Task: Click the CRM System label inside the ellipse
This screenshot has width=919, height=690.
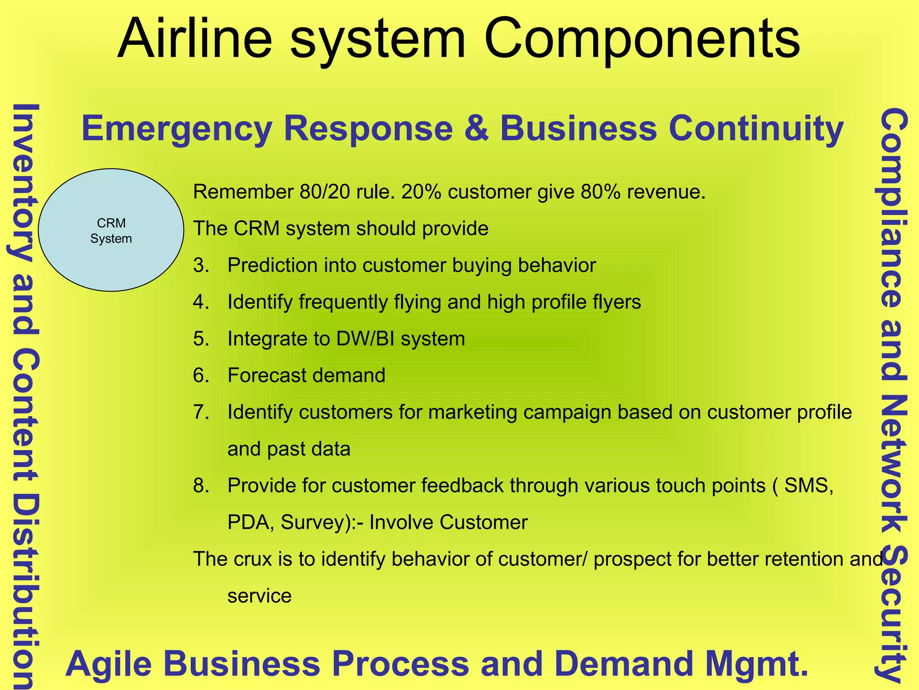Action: click(x=111, y=230)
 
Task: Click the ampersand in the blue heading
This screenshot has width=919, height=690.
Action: click(x=476, y=128)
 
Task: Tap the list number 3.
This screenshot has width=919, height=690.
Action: click(x=201, y=265)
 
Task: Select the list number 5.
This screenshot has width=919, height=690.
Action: click(x=201, y=339)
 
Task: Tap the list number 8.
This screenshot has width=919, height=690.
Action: click(x=201, y=486)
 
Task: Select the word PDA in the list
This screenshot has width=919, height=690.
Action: click(x=250, y=522)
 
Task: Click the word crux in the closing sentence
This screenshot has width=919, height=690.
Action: click(x=252, y=559)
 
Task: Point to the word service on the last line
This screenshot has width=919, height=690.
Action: click(x=259, y=596)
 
